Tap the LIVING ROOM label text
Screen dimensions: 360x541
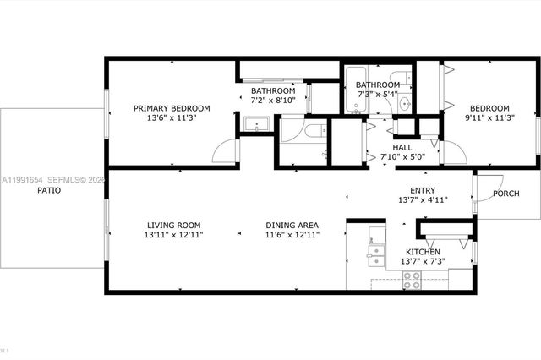(x=173, y=225)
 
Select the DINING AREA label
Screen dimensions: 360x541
(x=292, y=225)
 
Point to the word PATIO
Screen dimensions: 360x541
(x=48, y=191)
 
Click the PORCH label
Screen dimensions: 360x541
(x=505, y=194)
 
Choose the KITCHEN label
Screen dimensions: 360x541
(x=424, y=252)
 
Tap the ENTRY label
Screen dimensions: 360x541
(x=423, y=190)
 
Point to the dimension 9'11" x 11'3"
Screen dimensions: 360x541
(x=489, y=118)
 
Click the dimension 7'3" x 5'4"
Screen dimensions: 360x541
(x=377, y=95)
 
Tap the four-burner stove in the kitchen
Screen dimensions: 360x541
(x=412, y=281)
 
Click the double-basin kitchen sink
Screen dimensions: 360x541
(x=376, y=254)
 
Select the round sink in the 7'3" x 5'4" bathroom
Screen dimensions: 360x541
(x=405, y=104)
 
